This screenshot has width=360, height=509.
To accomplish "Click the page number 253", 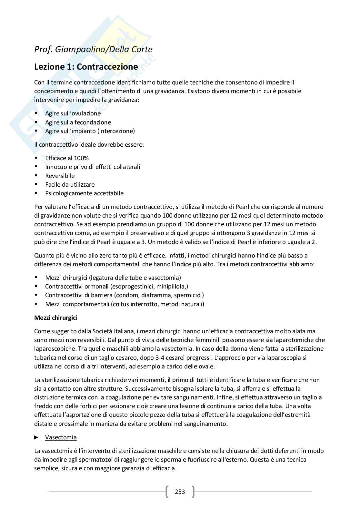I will [180, 492].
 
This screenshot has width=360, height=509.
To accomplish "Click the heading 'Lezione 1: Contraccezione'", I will [86, 67].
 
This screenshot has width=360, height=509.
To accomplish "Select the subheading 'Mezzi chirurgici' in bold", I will [56, 318].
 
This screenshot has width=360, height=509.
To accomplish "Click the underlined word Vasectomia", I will [61, 437].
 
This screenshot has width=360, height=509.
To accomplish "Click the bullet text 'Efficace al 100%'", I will [67, 158].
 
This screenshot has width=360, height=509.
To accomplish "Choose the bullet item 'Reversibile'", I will [60, 176].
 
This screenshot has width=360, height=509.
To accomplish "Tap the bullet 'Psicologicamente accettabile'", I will [85, 193].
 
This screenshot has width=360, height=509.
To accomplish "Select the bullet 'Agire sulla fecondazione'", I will [78, 122].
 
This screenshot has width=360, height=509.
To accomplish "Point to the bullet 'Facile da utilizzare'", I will [70, 184].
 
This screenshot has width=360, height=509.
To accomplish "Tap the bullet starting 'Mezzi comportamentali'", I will [125, 304].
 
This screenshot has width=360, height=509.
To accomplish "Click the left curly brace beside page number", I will [167, 492].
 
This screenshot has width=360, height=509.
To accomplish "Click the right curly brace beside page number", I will [193, 492].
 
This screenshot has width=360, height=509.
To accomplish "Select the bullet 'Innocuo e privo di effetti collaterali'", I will [93, 167].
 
